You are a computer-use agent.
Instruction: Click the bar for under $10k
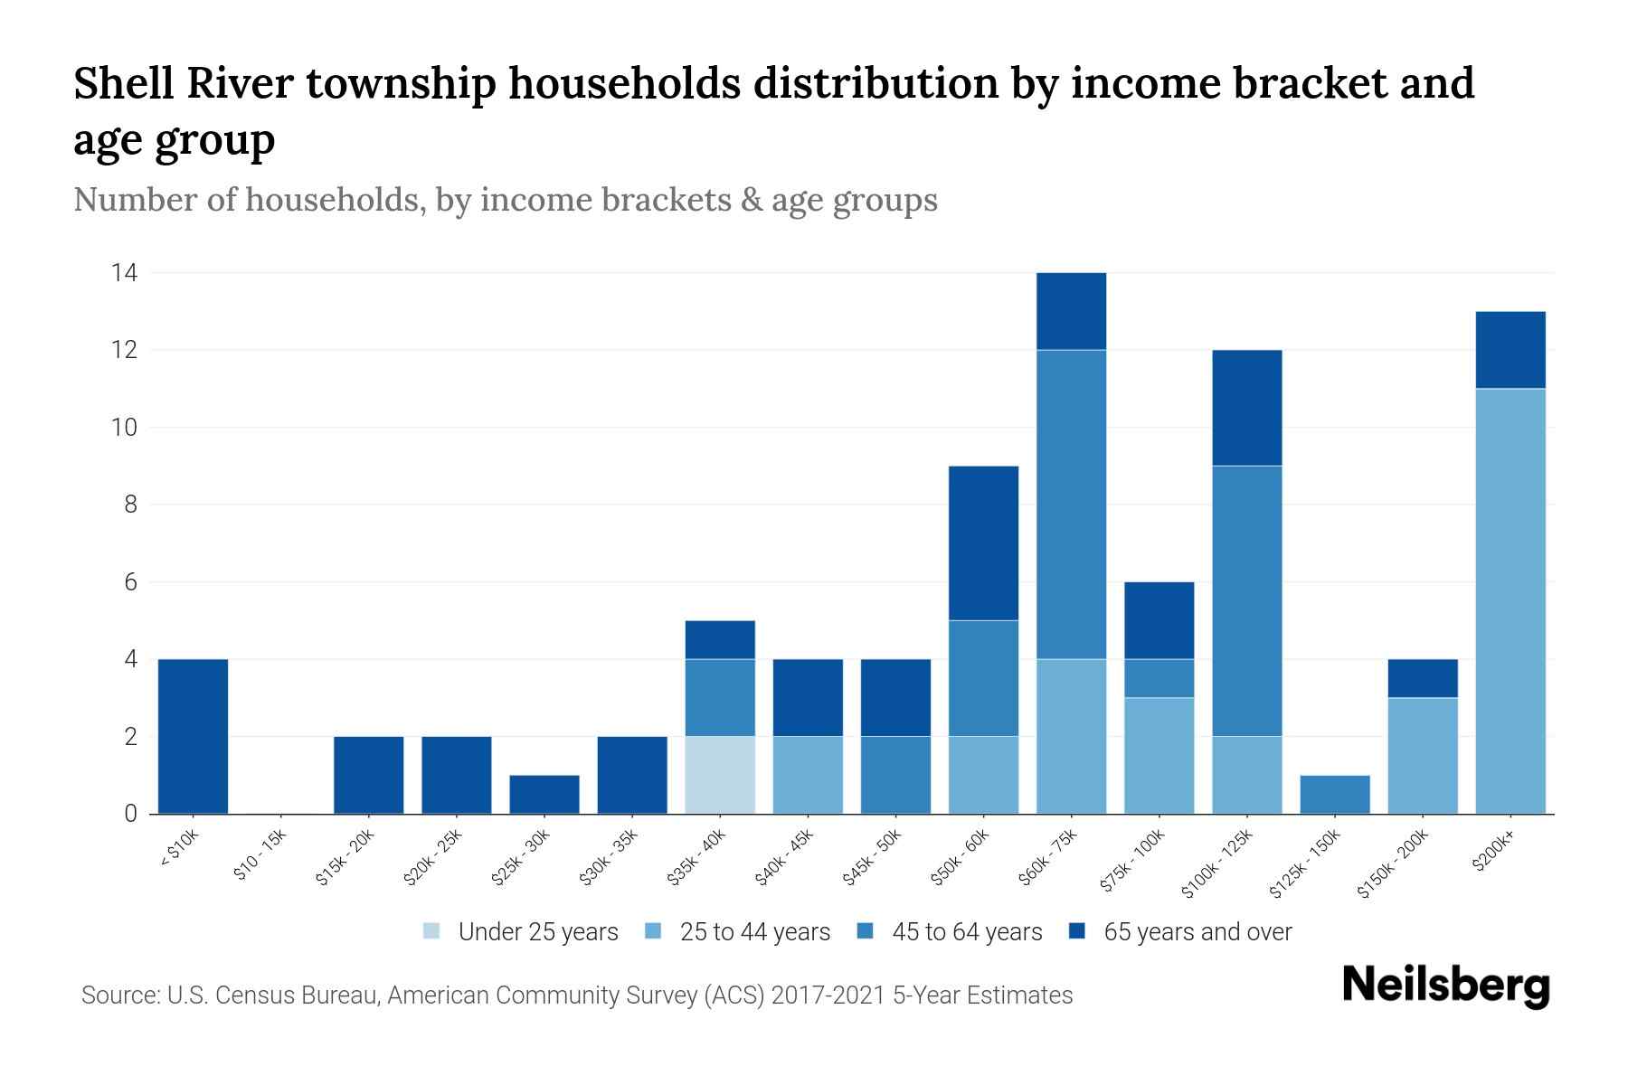pos(193,736)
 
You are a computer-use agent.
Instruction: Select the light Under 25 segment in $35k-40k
pos(720,775)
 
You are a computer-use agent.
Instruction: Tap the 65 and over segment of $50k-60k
pos(983,542)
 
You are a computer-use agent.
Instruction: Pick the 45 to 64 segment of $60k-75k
pos(1071,504)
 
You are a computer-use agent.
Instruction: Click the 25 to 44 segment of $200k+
pos(1510,601)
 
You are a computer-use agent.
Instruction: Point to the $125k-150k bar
pos(1334,794)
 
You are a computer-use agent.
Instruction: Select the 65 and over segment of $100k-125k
pos(1246,408)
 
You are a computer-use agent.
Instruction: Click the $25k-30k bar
pos(544,794)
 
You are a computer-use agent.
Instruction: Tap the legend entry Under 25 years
pos(521,932)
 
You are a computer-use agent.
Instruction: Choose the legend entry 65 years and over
pos(1180,932)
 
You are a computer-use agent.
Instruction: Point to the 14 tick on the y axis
pos(124,272)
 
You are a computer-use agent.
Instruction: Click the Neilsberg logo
pos(1445,986)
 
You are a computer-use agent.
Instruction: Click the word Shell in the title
pos(123,84)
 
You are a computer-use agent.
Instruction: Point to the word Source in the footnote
pos(118,995)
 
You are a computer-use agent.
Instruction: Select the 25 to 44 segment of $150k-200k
pos(1422,755)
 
